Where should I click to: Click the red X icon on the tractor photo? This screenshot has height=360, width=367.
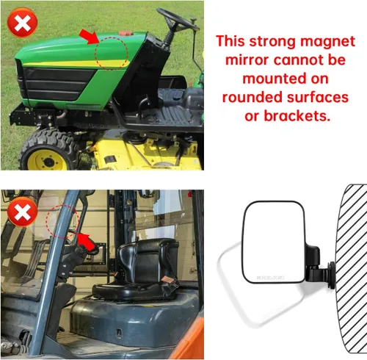point(22,23)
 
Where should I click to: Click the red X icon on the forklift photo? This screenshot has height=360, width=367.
point(22,212)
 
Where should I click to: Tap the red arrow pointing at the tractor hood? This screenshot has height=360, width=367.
point(89,37)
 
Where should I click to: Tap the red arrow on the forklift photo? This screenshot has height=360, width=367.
point(87,242)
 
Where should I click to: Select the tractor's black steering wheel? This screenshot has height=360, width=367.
point(178,19)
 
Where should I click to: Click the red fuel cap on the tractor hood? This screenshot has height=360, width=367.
point(126,33)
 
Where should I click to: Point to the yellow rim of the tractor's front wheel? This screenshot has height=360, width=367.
point(47,160)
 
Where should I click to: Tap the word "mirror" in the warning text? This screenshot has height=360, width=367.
point(247,60)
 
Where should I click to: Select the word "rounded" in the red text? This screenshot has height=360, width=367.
point(252,97)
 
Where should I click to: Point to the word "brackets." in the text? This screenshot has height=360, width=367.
point(297,115)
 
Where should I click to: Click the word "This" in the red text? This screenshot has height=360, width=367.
point(230,40)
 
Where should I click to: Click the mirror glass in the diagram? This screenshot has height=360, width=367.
point(274,242)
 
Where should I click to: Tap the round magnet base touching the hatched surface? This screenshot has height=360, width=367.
point(333,276)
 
